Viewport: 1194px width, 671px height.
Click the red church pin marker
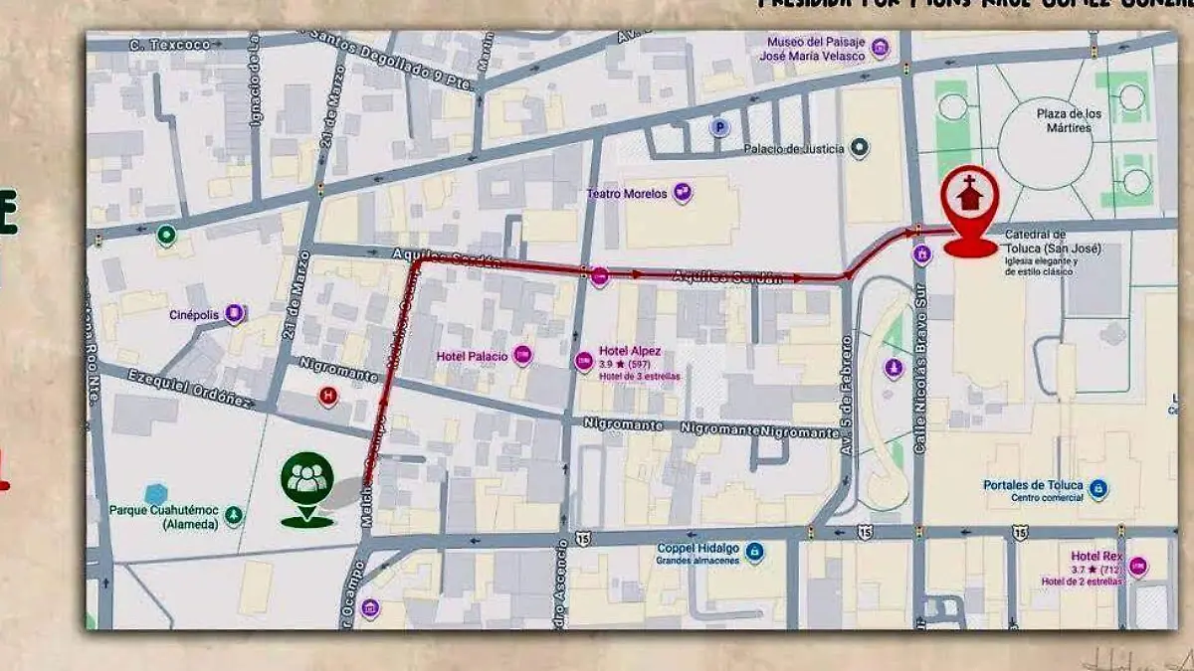(x=968, y=211)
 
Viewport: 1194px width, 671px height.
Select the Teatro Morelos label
(x=627, y=194)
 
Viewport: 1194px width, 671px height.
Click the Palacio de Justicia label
(x=794, y=149)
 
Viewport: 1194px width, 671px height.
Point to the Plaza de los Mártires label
(x=1070, y=120)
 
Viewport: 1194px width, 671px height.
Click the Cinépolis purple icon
(x=234, y=314)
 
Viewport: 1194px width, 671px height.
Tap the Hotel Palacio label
(x=472, y=356)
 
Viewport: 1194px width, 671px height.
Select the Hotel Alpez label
(x=630, y=351)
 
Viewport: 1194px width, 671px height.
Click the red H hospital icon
(x=326, y=397)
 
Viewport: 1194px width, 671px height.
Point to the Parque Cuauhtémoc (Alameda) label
(x=162, y=519)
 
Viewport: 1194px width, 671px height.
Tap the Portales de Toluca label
(x=1032, y=485)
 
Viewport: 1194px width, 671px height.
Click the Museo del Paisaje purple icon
(x=880, y=47)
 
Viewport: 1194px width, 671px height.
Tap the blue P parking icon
(x=719, y=127)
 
